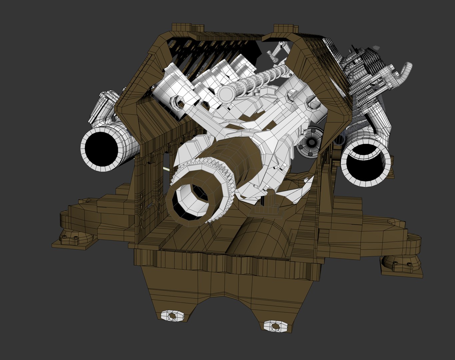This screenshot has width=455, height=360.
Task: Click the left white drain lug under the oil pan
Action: (x=172, y=315)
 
